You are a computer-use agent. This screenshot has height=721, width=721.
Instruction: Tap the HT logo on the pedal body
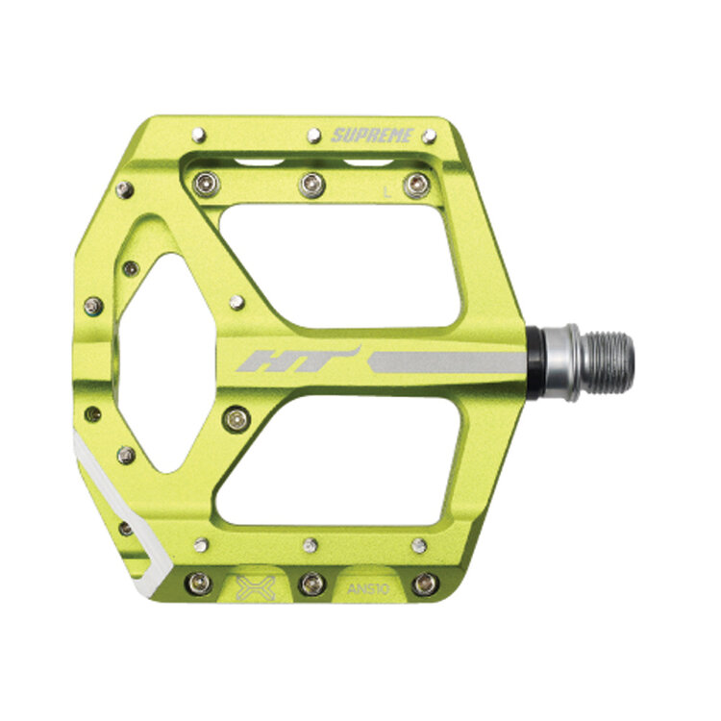point(297,361)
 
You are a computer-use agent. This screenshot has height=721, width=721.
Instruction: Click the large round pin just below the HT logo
point(236,417)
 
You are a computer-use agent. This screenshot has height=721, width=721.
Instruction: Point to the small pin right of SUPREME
point(428,136)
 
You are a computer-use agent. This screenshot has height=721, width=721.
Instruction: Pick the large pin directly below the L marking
point(415,185)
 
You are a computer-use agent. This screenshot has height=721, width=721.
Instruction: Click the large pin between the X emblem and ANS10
point(311,583)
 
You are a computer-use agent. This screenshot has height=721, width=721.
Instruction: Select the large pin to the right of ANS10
point(424,583)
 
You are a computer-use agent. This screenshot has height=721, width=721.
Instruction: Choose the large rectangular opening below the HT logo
point(341,457)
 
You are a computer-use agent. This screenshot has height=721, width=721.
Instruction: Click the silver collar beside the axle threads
point(565,361)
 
